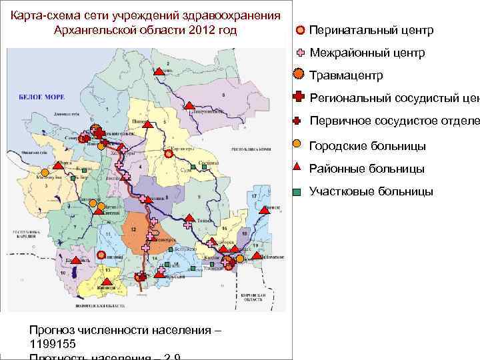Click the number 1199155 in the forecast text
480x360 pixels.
[x=53, y=343]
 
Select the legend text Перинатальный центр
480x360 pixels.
[x=371, y=31]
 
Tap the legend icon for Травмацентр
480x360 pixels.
[x=299, y=75]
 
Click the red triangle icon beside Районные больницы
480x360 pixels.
[x=299, y=168]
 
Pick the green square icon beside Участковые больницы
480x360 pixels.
[x=299, y=192]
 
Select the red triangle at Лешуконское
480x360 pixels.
[x=189, y=105]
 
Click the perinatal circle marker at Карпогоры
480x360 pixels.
[x=169, y=153]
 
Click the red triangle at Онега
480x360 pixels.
[x=59, y=166]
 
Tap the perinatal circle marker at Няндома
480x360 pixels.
[x=101, y=255]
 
